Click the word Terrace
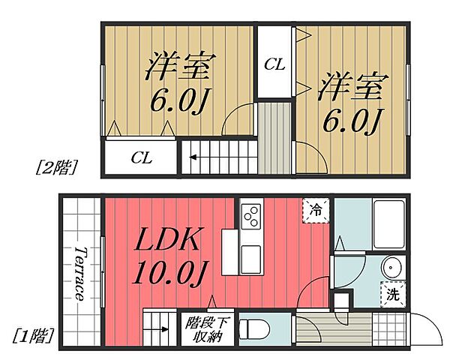(80, 274)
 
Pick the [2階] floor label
(58, 166)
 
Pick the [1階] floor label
(33, 335)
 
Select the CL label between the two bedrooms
(274, 64)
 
